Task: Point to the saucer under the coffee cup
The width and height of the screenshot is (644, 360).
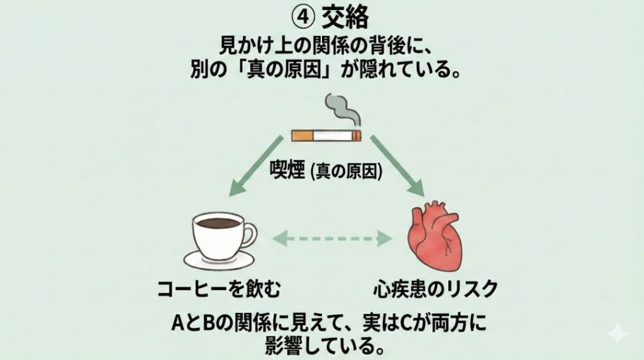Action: (x=218, y=260)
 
